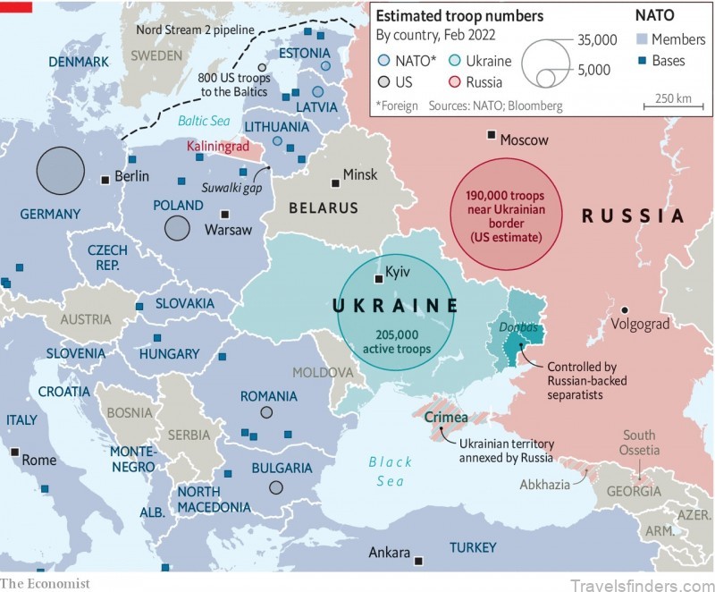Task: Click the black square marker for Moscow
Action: point(491,135)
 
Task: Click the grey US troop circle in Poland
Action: point(177,228)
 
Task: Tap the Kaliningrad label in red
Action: point(214,146)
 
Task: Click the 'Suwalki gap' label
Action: point(231,187)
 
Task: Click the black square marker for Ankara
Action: point(418,561)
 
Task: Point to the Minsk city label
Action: point(360,174)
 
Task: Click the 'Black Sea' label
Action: point(391,470)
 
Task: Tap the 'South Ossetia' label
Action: point(640,442)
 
